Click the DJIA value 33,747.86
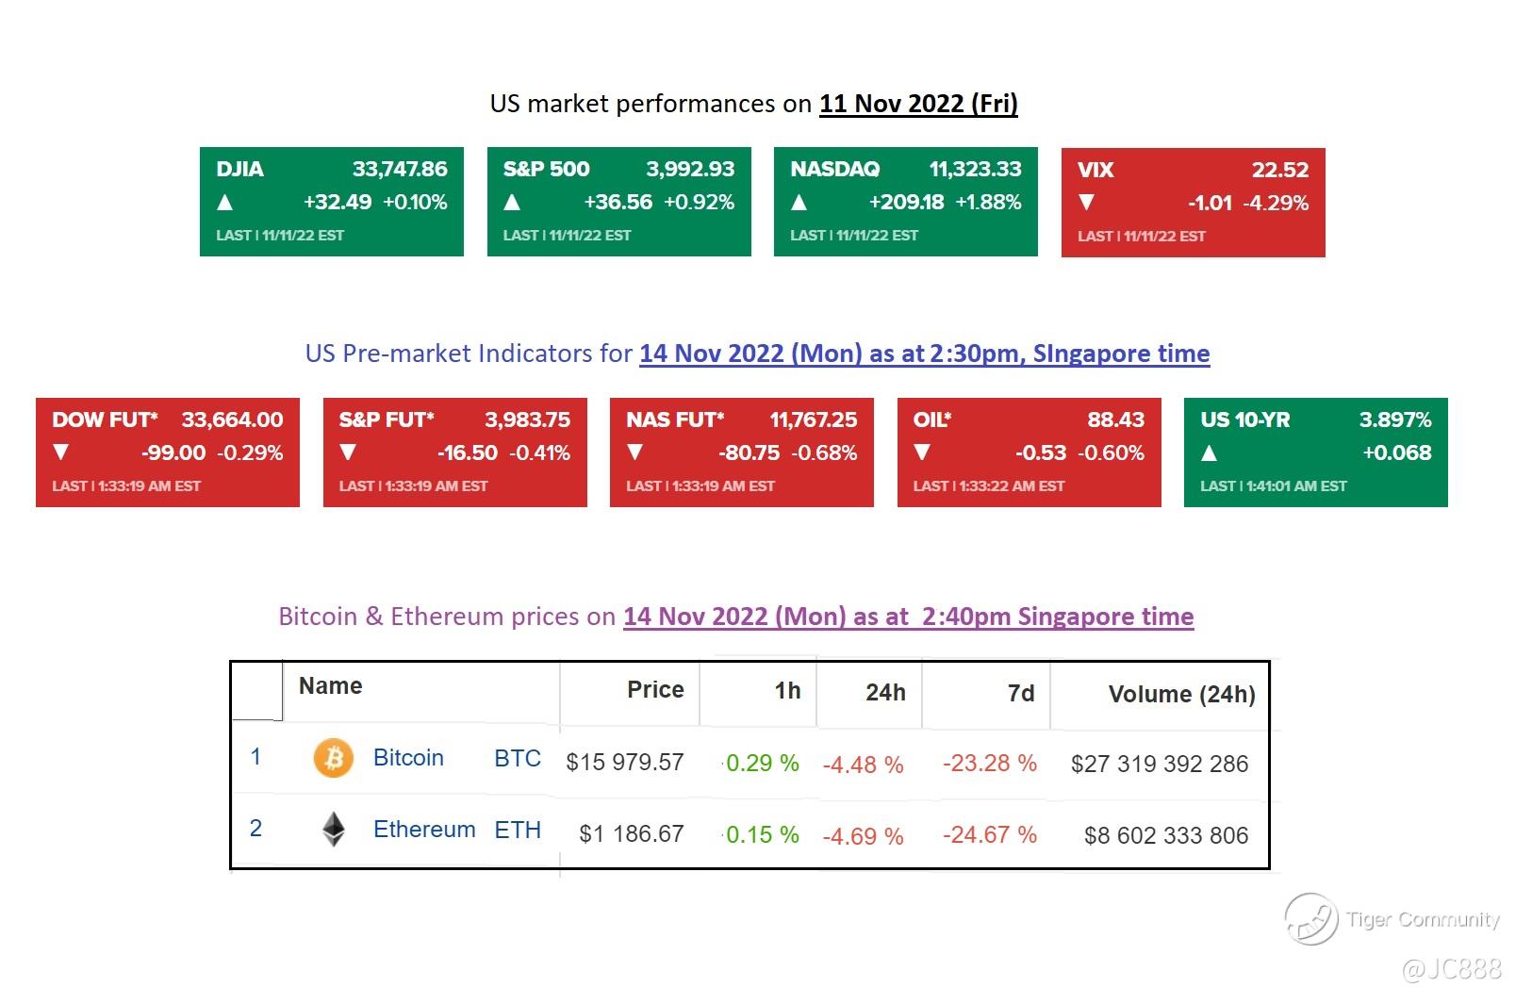400,170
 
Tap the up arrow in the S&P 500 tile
512,202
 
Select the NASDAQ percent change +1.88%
988,202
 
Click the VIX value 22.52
1279,171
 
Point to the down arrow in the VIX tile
1086,203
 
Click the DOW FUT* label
105,420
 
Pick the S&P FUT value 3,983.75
527,420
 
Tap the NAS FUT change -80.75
749,453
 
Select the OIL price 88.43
1115,420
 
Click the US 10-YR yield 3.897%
1394,420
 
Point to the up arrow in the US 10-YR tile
1210,453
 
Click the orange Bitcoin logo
333,758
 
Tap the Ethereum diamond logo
333,830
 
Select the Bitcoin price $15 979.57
624,762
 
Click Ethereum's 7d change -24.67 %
989,835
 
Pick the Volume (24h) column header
1181,695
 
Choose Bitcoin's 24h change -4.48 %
863,765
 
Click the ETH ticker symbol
518,831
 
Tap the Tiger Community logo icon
1310,918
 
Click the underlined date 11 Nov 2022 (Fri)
918,104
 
